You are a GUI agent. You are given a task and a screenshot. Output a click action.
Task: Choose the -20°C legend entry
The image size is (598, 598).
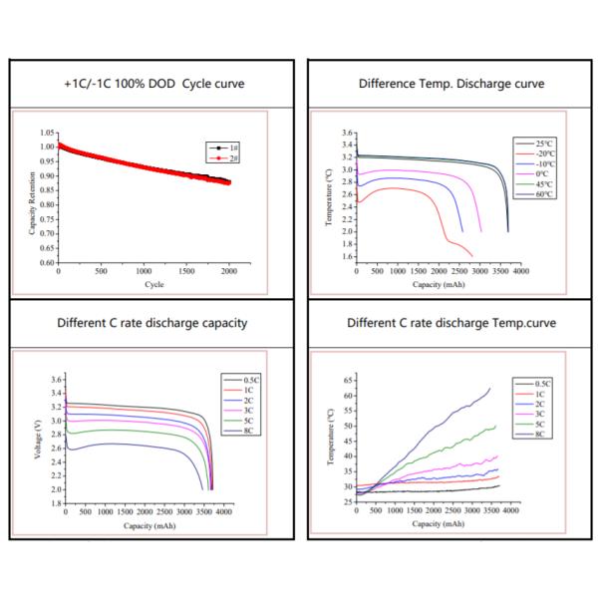coord(538,153)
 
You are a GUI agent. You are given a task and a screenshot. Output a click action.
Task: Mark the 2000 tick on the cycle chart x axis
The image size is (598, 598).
coord(230,270)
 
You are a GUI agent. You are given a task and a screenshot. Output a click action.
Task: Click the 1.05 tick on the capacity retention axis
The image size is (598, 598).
coord(47,133)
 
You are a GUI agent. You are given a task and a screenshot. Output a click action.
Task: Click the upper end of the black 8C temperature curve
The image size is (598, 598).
coord(490,388)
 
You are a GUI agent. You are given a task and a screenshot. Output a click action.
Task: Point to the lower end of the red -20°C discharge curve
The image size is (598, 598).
coord(472,257)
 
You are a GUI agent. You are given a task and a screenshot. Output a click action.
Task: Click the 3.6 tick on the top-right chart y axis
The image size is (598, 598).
coord(347,133)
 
